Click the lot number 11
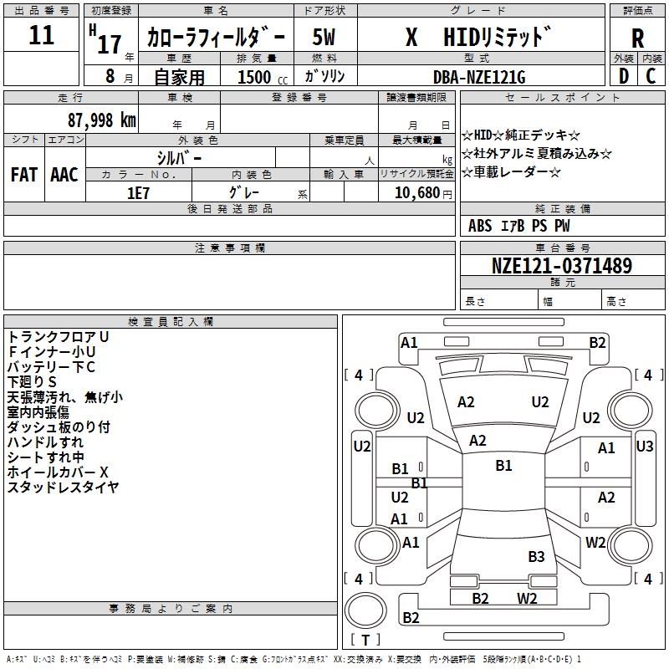click(x=41, y=36)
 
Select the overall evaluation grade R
click(x=637, y=38)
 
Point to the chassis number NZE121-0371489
click(x=561, y=266)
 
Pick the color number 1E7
click(x=138, y=192)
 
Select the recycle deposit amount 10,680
click(x=416, y=192)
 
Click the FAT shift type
click(x=24, y=174)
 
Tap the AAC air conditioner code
click(x=64, y=174)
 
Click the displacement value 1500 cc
click(x=255, y=77)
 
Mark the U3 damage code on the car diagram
click(x=644, y=447)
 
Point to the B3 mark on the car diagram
click(x=536, y=556)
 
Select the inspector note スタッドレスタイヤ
click(x=63, y=488)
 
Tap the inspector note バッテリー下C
click(x=52, y=366)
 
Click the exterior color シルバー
click(x=179, y=157)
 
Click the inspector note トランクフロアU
click(x=59, y=336)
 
